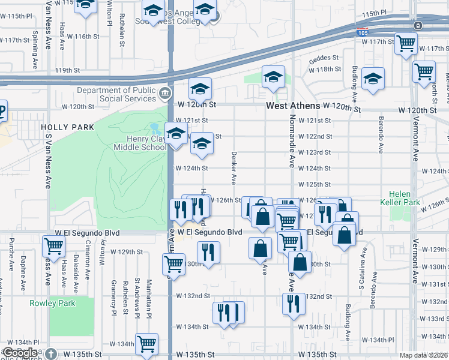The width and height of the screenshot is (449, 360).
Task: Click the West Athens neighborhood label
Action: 293,106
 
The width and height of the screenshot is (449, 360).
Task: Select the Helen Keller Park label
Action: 404,199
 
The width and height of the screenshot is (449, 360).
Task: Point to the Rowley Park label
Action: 53,303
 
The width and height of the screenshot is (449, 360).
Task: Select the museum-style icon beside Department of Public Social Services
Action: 164,94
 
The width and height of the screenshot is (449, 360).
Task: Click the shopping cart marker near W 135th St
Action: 146,344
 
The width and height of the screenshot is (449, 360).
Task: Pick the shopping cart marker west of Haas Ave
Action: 53,245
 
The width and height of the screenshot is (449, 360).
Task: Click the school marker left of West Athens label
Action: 273,77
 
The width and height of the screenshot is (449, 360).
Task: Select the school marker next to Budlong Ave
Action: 373,79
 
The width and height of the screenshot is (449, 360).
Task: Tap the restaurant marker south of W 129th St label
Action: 208,252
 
